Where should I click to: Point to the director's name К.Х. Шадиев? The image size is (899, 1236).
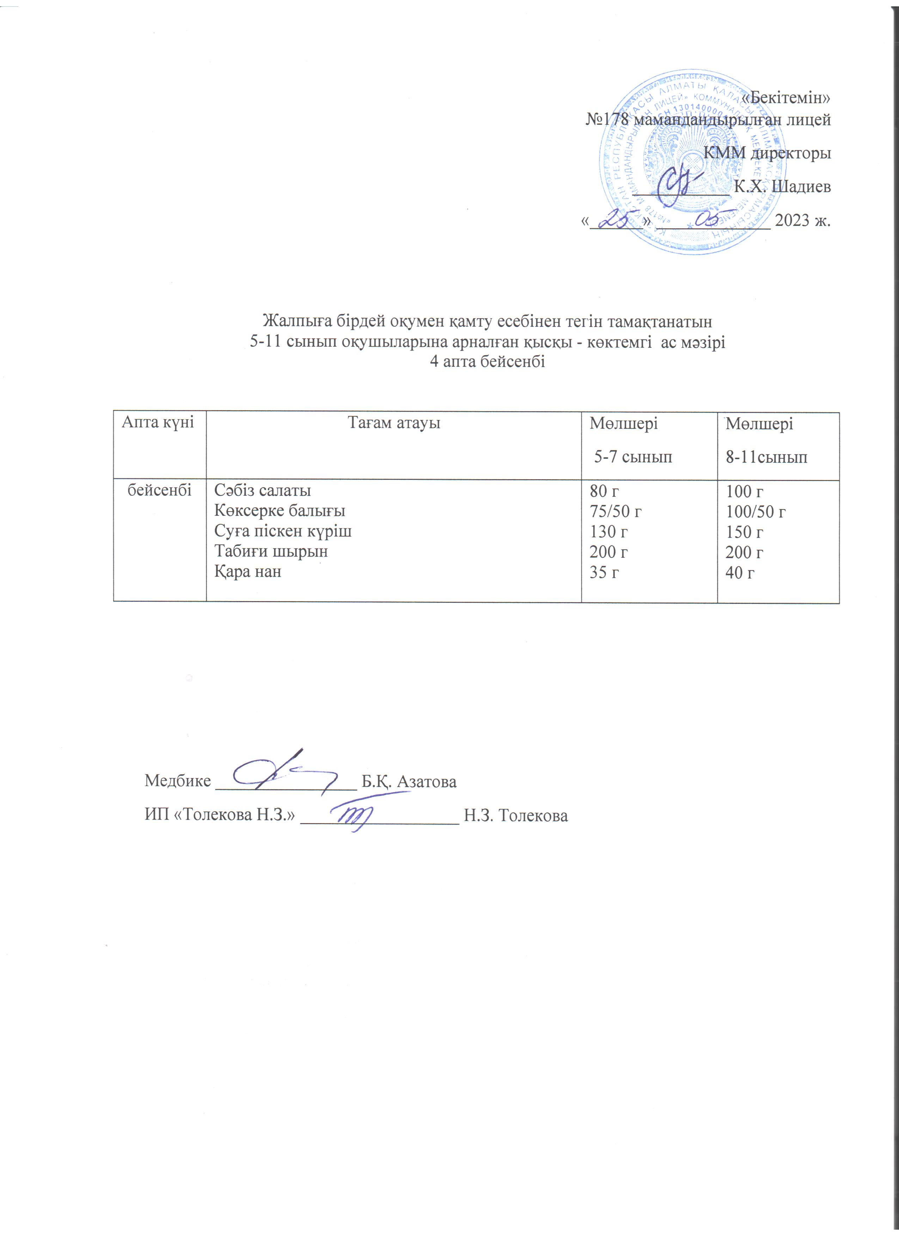(782, 187)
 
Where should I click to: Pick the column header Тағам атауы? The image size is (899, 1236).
(393, 422)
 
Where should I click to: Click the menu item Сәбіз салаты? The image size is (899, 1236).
(262, 490)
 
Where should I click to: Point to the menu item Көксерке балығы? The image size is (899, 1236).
(279, 511)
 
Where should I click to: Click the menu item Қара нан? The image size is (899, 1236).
(247, 571)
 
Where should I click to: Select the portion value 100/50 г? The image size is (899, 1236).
(755, 512)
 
